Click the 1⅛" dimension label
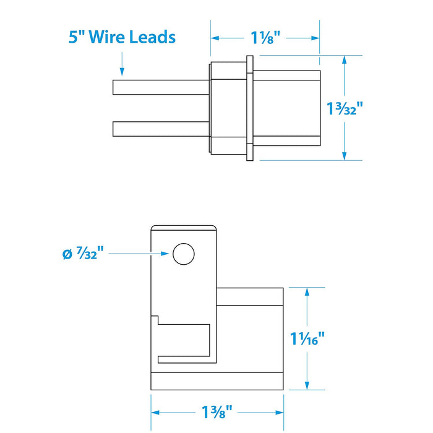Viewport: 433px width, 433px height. [265, 38]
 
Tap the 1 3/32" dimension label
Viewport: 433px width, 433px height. [345, 108]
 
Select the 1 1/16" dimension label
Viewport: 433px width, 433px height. [307, 338]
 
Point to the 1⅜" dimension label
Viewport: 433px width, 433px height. [216, 412]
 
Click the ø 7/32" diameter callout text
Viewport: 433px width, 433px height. [83, 253]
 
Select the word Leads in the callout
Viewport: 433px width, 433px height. [152, 36]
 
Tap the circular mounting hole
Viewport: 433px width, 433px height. [184, 254]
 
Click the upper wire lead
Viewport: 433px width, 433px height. [161, 87]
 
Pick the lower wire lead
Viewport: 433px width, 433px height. [161, 129]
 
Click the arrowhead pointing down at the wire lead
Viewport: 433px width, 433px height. [122, 72]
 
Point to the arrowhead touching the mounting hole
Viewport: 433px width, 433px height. [165, 254]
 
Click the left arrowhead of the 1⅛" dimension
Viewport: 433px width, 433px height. [215, 38]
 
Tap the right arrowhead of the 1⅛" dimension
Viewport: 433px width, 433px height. [315, 38]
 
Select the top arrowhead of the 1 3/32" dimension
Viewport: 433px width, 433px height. [345, 60]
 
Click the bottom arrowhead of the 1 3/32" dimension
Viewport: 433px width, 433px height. [345, 156]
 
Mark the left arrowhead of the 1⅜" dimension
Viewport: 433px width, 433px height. [155, 413]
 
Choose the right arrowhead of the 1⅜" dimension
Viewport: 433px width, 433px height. [280, 413]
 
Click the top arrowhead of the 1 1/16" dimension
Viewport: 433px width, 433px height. [307, 292]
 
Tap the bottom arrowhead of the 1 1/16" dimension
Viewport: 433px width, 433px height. [307, 385]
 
